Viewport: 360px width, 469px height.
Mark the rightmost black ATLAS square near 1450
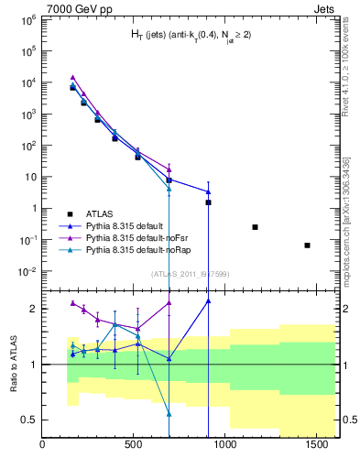(307, 245)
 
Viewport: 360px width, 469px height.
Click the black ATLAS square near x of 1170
(255, 227)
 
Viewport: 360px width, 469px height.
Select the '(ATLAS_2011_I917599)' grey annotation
(189, 274)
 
